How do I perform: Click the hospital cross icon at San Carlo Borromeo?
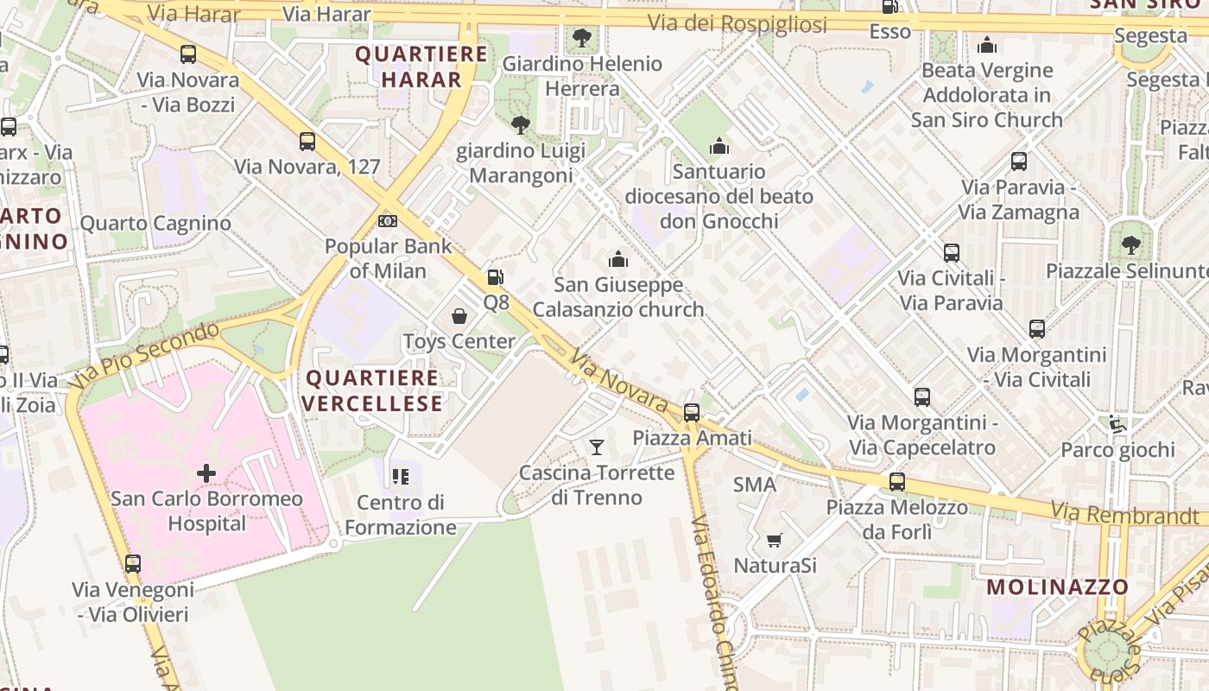[x=206, y=473]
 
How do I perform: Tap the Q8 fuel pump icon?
[x=495, y=277]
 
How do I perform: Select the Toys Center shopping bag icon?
[x=459, y=316]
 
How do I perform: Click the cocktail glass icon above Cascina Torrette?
[x=596, y=447]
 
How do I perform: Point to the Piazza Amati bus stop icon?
[x=692, y=413]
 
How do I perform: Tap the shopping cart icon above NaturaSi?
[x=774, y=541]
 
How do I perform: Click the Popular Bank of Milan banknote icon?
[x=388, y=221]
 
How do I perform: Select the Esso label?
[x=889, y=32]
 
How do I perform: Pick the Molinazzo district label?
[x=1057, y=587]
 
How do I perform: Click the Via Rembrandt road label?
[x=1124, y=516]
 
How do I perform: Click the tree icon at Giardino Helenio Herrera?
[x=582, y=37]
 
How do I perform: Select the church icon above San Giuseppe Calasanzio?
[x=618, y=259]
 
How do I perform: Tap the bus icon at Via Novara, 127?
[x=307, y=142]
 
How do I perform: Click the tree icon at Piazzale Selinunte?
[x=1130, y=245]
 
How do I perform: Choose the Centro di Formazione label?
[x=401, y=515]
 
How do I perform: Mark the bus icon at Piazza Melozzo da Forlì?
[x=897, y=482]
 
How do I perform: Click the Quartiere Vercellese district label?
[x=372, y=390]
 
